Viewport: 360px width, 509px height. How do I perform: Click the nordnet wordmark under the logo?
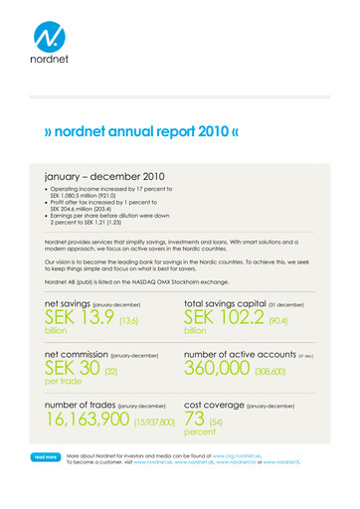(52, 72)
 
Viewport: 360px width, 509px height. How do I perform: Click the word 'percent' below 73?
(200, 433)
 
